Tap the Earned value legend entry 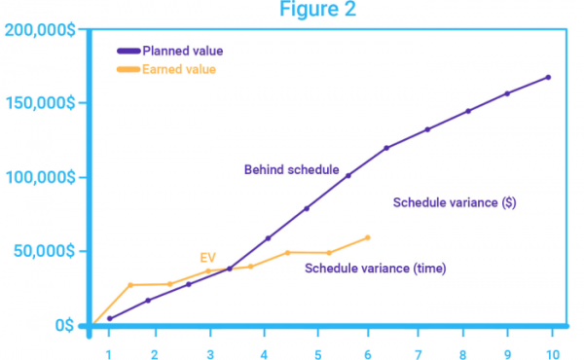[179, 69]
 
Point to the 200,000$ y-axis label [39, 30]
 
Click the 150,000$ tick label [39, 104]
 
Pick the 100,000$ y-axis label [39, 178]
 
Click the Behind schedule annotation [291, 169]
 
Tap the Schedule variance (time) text [375, 268]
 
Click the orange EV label [207, 257]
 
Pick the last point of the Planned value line [548, 77]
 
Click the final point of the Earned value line [368, 237]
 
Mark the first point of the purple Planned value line [109, 318]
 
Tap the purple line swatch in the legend [128, 51]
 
